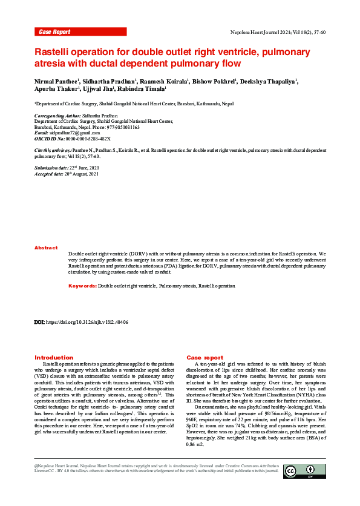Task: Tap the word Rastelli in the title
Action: coord(55,52)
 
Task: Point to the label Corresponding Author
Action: coord(57,116)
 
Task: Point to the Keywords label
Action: coord(82,285)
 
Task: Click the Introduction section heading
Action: coord(54,358)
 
